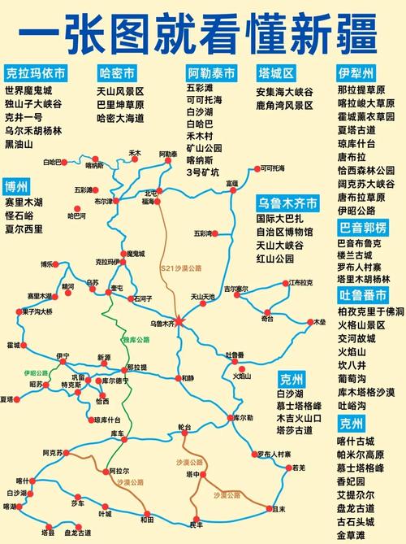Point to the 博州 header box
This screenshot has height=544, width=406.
click(15, 183)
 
